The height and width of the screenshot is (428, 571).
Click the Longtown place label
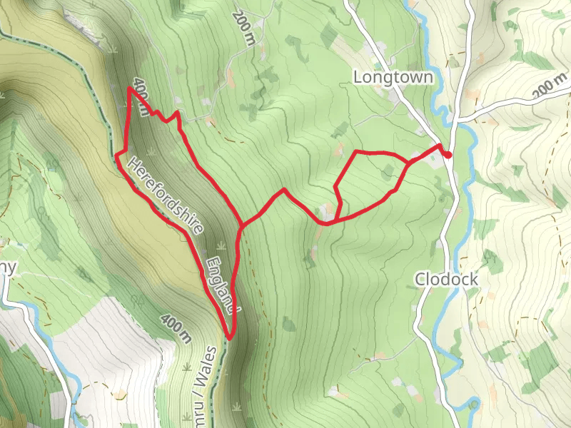point(393,76)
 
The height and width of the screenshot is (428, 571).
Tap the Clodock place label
point(446,279)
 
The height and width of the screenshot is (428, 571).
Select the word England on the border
point(221,286)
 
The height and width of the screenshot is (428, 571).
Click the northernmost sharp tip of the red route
point(129,88)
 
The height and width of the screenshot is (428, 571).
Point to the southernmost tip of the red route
point(229,337)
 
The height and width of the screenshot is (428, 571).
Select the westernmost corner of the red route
point(116,155)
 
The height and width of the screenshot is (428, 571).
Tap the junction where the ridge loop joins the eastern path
point(242,227)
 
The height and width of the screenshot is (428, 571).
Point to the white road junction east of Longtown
point(457,118)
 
